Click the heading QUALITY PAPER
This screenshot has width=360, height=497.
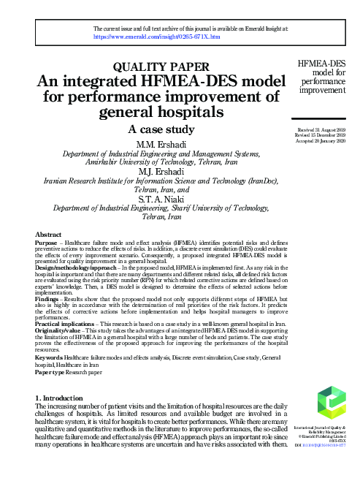(157, 69)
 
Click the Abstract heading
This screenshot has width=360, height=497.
(48, 234)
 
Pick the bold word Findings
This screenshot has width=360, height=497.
(49, 300)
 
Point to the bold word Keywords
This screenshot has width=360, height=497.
(48, 358)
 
